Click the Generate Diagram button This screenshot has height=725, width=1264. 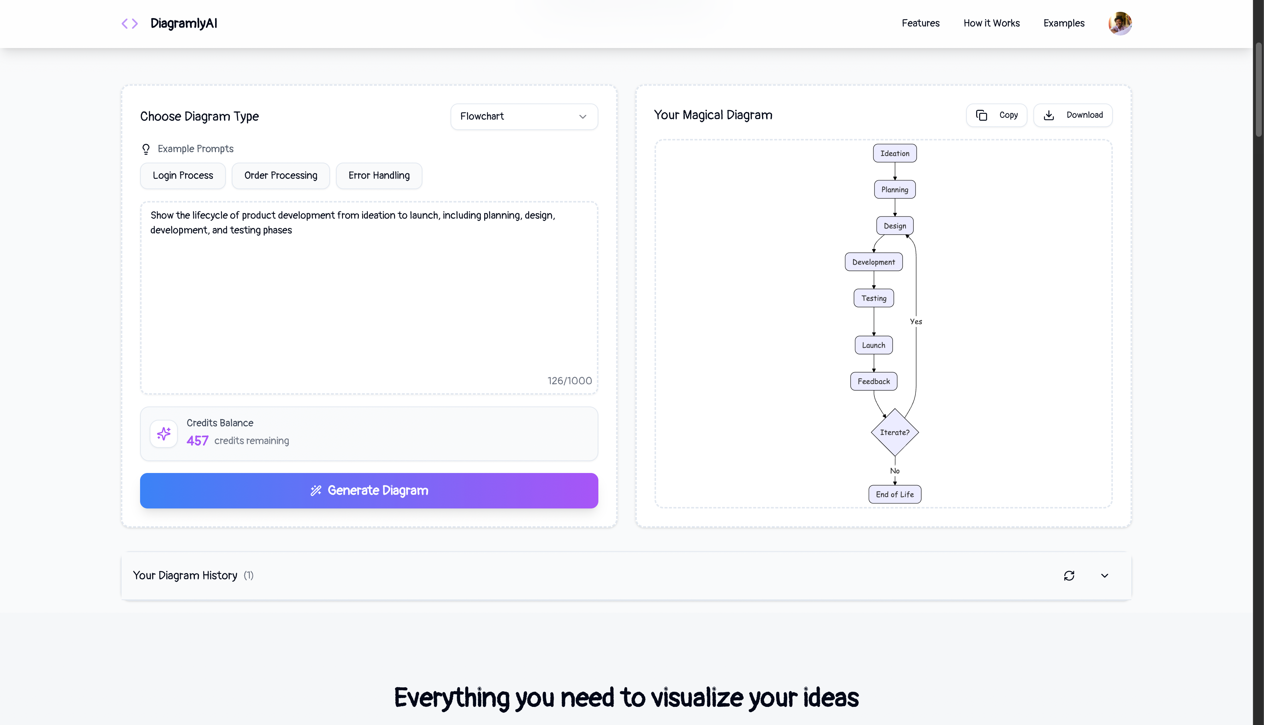click(368, 490)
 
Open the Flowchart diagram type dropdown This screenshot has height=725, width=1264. click(524, 116)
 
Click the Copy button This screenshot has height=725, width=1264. click(996, 115)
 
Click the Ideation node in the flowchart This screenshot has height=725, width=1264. click(894, 153)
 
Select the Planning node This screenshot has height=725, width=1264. click(894, 190)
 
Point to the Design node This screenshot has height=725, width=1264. click(894, 225)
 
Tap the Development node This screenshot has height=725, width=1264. click(874, 262)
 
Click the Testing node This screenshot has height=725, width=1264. click(874, 298)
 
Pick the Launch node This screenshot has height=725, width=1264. click(874, 345)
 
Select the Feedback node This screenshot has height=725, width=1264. click(874, 381)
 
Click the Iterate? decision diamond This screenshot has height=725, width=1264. click(894, 432)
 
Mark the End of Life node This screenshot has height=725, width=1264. click(894, 494)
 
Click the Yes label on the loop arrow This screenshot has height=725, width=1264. click(916, 322)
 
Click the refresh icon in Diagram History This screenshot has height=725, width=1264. click(1069, 576)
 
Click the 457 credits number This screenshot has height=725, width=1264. click(197, 441)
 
